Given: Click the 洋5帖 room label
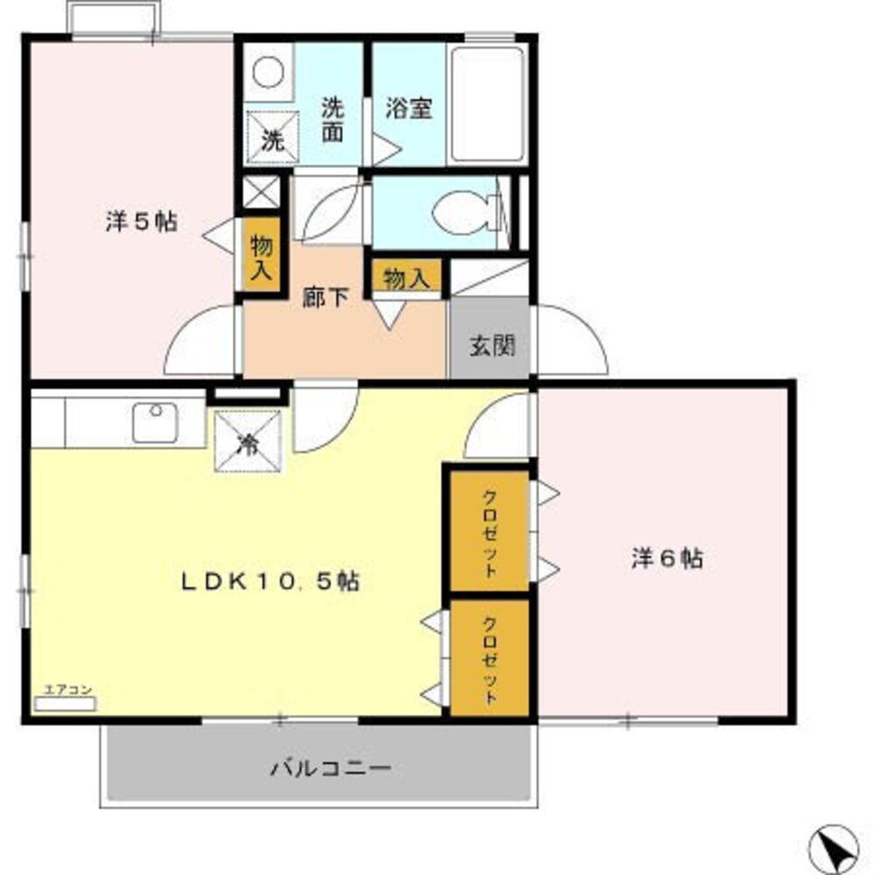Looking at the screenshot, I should (x=141, y=222).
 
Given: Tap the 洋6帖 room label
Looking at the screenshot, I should (x=667, y=559).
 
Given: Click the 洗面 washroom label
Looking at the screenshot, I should (x=332, y=120).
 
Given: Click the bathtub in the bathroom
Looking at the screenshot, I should (x=487, y=104).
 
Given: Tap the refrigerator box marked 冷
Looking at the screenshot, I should (x=248, y=442).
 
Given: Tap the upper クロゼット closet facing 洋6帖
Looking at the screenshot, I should (x=490, y=532).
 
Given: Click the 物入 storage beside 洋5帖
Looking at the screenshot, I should (x=261, y=257).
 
